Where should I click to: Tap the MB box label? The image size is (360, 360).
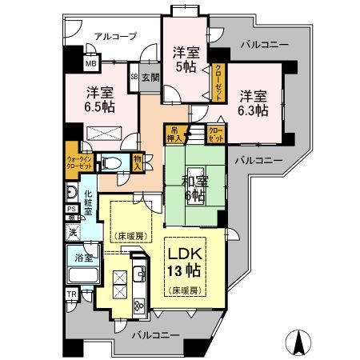click(90, 63)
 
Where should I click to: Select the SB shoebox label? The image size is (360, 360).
click(134, 77)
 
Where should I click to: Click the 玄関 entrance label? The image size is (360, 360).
click(150, 77)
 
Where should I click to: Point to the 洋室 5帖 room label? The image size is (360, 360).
click(186, 60)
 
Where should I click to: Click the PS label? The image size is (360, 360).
click(71, 210)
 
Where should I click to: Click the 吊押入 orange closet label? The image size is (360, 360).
click(174, 134)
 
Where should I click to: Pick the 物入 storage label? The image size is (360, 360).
click(138, 162)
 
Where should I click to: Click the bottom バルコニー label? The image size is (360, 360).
click(154, 333)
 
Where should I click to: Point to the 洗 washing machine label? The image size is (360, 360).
click(73, 233)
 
